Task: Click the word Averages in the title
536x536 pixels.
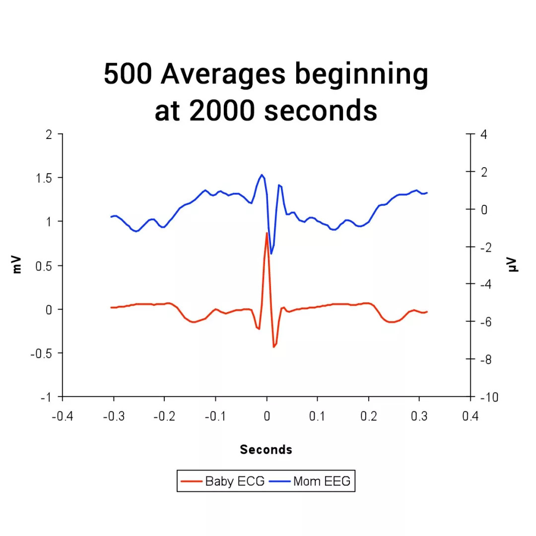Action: [223, 74]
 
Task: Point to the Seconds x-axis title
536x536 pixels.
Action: [266, 450]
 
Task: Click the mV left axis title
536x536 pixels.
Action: [18, 265]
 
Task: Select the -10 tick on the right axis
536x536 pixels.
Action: [483, 398]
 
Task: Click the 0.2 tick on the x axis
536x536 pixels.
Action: [368, 416]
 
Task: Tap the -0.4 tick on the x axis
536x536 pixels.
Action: [62, 416]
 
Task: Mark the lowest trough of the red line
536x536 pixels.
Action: [273, 347]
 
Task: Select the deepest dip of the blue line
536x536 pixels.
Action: [271, 254]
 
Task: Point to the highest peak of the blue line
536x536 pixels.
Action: [262, 175]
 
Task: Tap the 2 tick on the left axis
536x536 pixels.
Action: [48, 134]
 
